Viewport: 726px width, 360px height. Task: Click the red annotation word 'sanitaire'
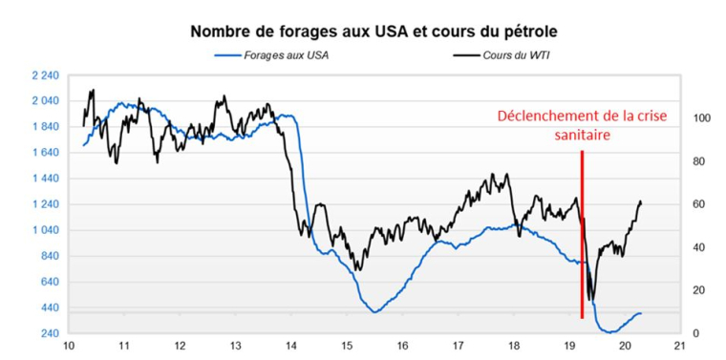tap(582, 136)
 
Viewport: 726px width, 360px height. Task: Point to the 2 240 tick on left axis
tap(45, 74)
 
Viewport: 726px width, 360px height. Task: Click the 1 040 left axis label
tap(45, 230)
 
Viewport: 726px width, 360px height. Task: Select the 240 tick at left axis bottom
tap(50, 333)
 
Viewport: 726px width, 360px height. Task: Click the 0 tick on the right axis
tap(694, 333)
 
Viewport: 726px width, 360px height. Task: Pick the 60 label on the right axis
tap(698, 204)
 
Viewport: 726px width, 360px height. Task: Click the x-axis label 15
tap(347, 347)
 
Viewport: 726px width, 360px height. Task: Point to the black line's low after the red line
tap(591, 299)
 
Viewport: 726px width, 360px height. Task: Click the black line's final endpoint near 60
tap(640, 202)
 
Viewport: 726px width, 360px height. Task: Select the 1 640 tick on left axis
tap(45, 153)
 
